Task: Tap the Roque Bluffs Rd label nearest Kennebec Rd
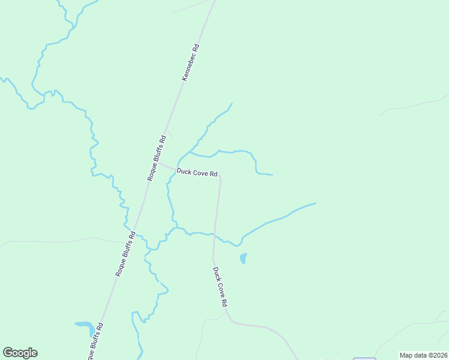pyautogui.click(x=156, y=159)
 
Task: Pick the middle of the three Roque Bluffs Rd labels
pyautogui.click(x=126, y=254)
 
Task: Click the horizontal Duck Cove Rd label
pyautogui.click(x=196, y=173)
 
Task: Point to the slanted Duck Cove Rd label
pyautogui.click(x=220, y=287)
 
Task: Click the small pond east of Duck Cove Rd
pyautogui.click(x=243, y=258)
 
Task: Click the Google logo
pyautogui.click(x=20, y=353)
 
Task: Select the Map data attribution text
pyautogui.click(x=423, y=355)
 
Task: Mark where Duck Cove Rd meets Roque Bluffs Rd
pyautogui.click(x=158, y=162)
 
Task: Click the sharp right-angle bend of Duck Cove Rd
pyautogui.click(x=220, y=177)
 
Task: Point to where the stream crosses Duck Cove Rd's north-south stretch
pyautogui.click(x=215, y=235)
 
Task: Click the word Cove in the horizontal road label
pyautogui.click(x=199, y=173)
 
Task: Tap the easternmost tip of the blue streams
pyautogui.click(x=315, y=203)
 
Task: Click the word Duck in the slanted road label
pyautogui.click(x=216, y=274)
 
